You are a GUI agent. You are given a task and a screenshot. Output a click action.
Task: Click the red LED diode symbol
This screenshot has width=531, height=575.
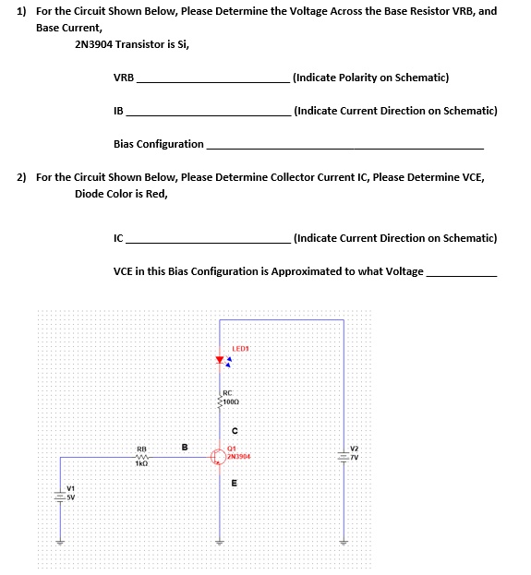220,359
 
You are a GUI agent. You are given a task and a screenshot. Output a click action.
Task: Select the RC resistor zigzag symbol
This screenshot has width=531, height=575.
220,401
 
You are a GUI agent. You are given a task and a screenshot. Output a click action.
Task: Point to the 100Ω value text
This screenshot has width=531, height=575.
233,403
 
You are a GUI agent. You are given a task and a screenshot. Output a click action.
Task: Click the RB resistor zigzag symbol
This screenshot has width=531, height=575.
141,455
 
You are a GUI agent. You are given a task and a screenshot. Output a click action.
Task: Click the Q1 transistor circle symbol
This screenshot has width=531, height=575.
219,456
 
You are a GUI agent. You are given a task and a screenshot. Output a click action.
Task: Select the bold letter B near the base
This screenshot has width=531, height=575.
185,449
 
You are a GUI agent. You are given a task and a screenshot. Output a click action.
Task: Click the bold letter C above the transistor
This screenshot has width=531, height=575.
235,430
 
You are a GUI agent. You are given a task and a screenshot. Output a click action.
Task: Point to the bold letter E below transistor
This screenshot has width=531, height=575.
234,483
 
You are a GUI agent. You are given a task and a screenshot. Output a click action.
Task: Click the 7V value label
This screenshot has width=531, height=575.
354,456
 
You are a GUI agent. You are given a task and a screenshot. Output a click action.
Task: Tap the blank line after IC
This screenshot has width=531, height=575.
207,242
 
